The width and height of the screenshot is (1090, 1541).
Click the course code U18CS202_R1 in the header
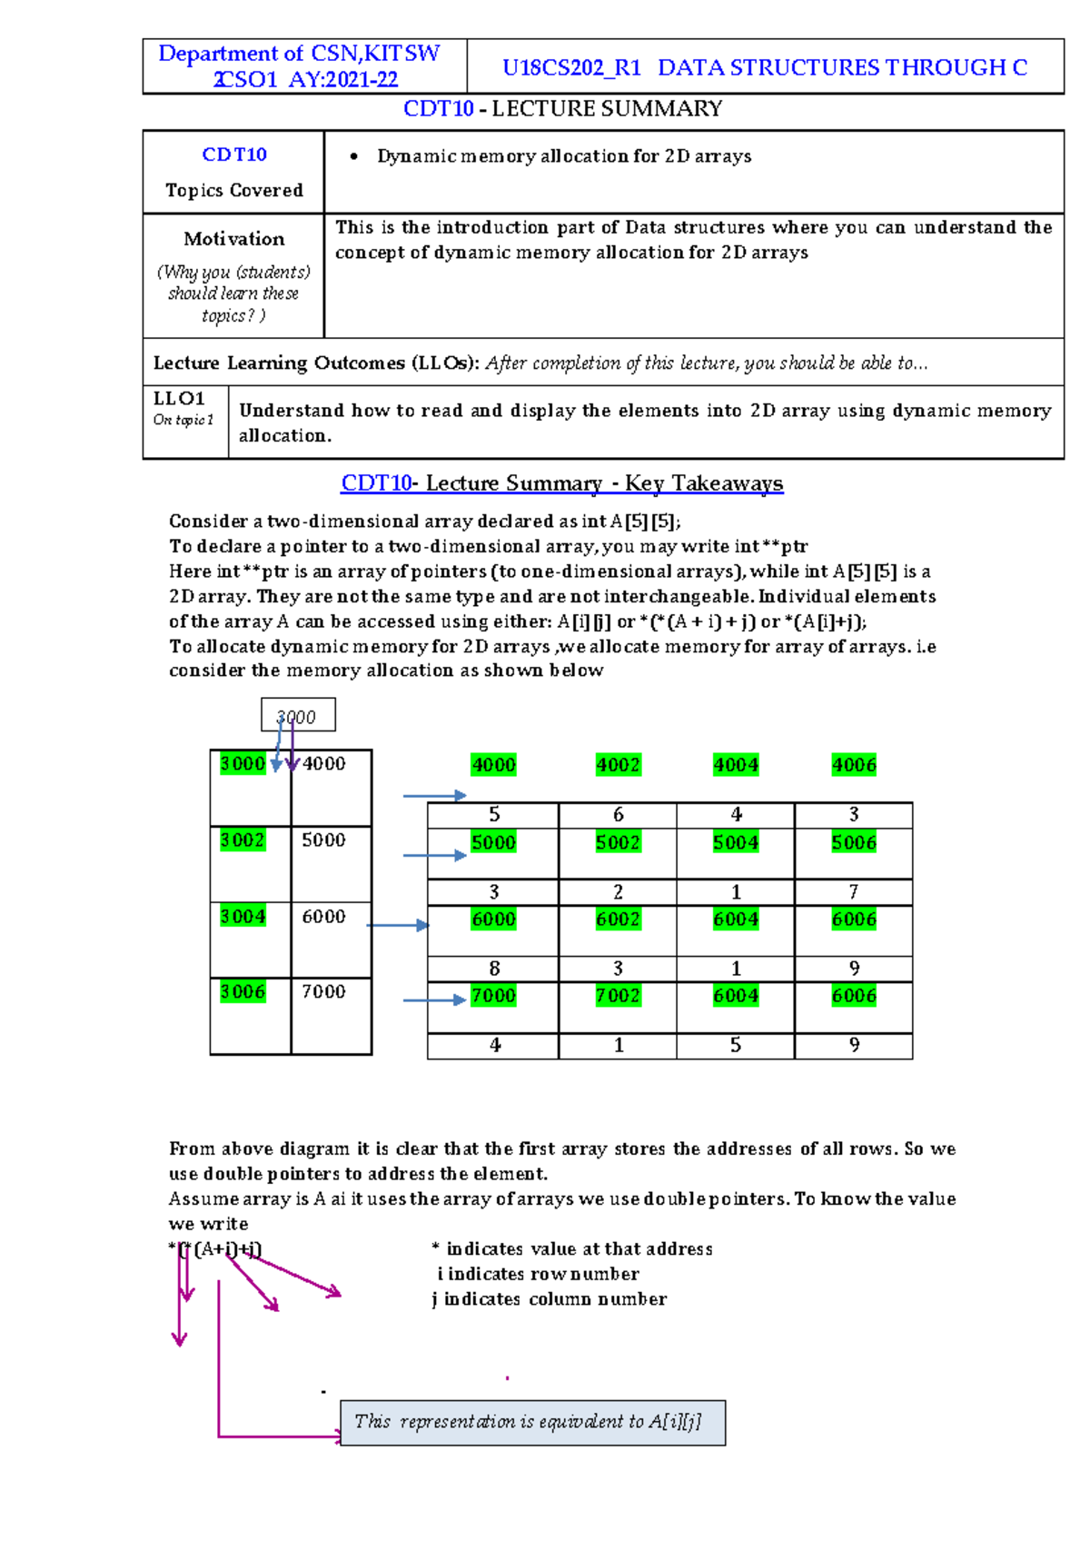tap(571, 68)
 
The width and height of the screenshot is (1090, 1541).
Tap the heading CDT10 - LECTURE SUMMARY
tap(562, 109)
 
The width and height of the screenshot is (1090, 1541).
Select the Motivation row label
tap(233, 239)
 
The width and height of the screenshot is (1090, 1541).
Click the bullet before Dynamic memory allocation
tap(354, 157)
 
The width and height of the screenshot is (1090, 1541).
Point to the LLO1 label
tap(179, 399)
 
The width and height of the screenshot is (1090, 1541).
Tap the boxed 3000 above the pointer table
tap(297, 716)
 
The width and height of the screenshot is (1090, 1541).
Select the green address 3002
tap(243, 840)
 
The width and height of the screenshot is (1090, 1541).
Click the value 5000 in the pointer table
tap(323, 840)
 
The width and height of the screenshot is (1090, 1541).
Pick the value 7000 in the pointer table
tap(323, 991)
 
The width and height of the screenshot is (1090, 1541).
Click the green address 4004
tap(736, 765)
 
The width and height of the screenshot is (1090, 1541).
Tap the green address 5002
tap(618, 842)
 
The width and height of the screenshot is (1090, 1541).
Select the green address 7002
tap(618, 996)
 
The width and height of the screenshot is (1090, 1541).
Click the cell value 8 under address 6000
tap(494, 969)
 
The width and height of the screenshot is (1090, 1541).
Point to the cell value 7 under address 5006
tap(854, 891)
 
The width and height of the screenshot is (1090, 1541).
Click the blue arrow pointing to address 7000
tap(434, 999)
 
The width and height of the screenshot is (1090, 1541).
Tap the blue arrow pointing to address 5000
tap(434, 855)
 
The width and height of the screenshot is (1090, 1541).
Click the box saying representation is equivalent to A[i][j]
tap(532, 1422)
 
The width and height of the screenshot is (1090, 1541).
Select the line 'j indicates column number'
tap(549, 1299)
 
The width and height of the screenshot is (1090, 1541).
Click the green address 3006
tap(243, 991)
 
